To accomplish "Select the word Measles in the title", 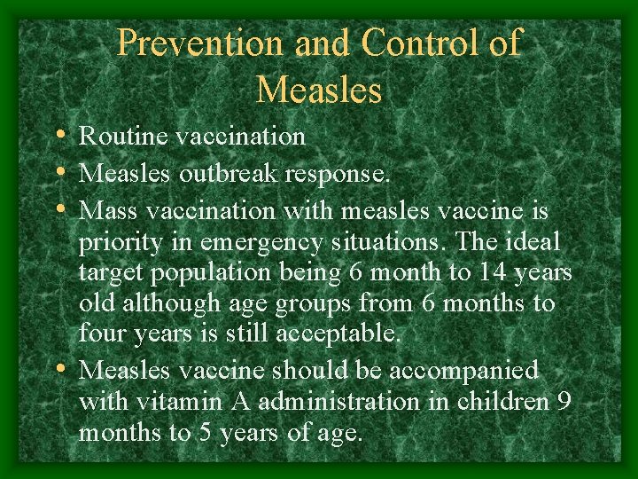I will coord(319,90).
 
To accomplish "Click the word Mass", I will coord(107,211).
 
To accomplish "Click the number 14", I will coord(486,272).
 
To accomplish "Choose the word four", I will coord(103,334).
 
